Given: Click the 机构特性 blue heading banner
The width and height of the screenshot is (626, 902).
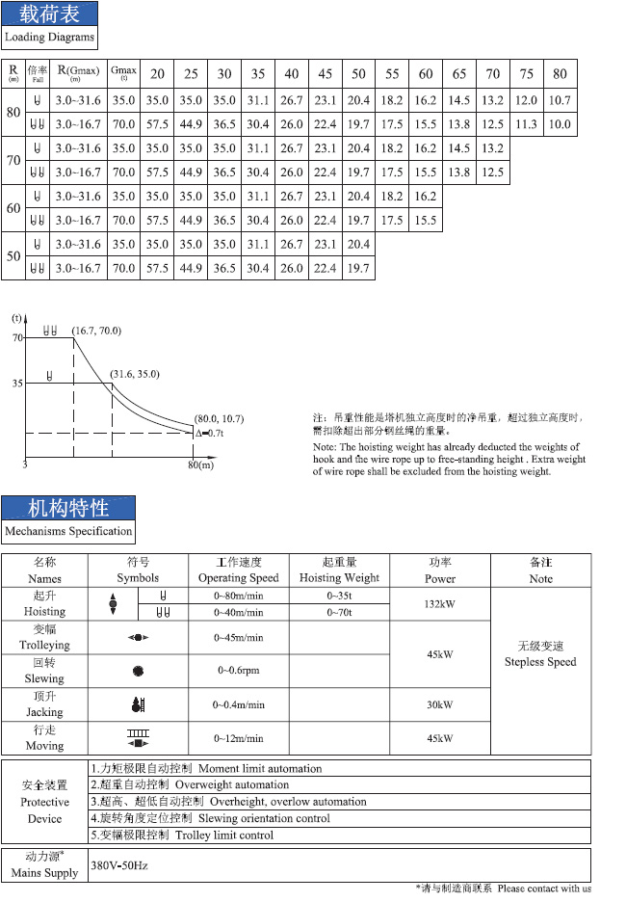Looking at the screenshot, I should pos(67,507).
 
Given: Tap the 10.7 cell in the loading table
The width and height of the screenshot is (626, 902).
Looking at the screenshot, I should pos(560,100).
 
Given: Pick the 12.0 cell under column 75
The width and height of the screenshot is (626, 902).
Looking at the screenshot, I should pos(526,100).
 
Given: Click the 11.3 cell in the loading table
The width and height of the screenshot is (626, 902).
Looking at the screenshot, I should pos(526,124).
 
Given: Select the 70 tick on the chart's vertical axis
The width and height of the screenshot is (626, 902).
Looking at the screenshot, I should pos(17,337).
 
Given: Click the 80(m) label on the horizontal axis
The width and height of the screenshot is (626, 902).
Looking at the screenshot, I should pos(200,465).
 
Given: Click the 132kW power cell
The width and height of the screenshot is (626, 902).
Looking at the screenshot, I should pos(440,603).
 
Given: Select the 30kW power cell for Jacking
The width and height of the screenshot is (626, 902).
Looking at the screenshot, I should pos(440,704).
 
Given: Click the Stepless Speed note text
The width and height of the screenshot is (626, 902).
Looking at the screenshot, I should pos(540,662).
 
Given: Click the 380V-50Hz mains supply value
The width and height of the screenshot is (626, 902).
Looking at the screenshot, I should pos(119,865).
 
